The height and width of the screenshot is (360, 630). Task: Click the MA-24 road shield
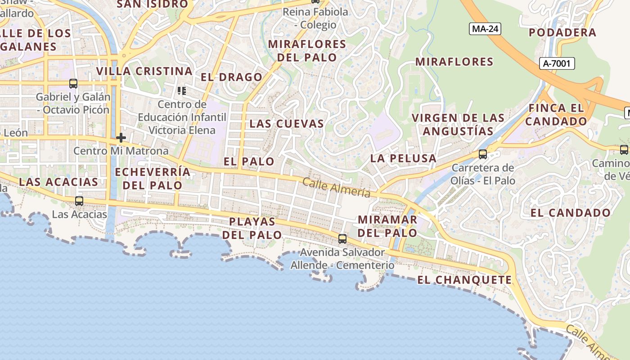(485, 29)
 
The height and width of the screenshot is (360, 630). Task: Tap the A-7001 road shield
(557, 63)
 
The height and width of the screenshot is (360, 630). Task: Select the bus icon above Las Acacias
(79, 201)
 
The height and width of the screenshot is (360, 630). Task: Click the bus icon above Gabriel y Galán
(73, 83)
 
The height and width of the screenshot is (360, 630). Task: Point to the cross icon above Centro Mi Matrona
(121, 138)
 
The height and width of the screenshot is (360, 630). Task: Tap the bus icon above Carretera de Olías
(483, 154)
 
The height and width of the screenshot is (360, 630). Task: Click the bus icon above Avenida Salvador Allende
(342, 238)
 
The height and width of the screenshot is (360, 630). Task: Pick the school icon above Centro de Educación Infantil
(182, 91)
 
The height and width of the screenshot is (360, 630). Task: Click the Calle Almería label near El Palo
(336, 187)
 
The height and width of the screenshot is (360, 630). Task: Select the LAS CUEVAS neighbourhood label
(287, 124)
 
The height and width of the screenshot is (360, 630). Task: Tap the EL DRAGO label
(231, 77)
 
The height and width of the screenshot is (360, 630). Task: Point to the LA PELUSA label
(403, 158)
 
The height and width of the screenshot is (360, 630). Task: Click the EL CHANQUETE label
(464, 280)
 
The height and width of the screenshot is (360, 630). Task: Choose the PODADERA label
(562, 32)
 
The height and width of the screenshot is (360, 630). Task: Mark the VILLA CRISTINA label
(144, 71)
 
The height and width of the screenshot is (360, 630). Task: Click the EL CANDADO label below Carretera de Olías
(571, 213)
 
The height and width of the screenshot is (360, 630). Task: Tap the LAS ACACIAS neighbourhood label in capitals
(58, 182)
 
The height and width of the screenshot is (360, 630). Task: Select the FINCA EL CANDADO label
(556, 115)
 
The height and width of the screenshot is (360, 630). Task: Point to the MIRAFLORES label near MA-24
(454, 62)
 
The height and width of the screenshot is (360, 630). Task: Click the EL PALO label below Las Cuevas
(249, 161)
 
